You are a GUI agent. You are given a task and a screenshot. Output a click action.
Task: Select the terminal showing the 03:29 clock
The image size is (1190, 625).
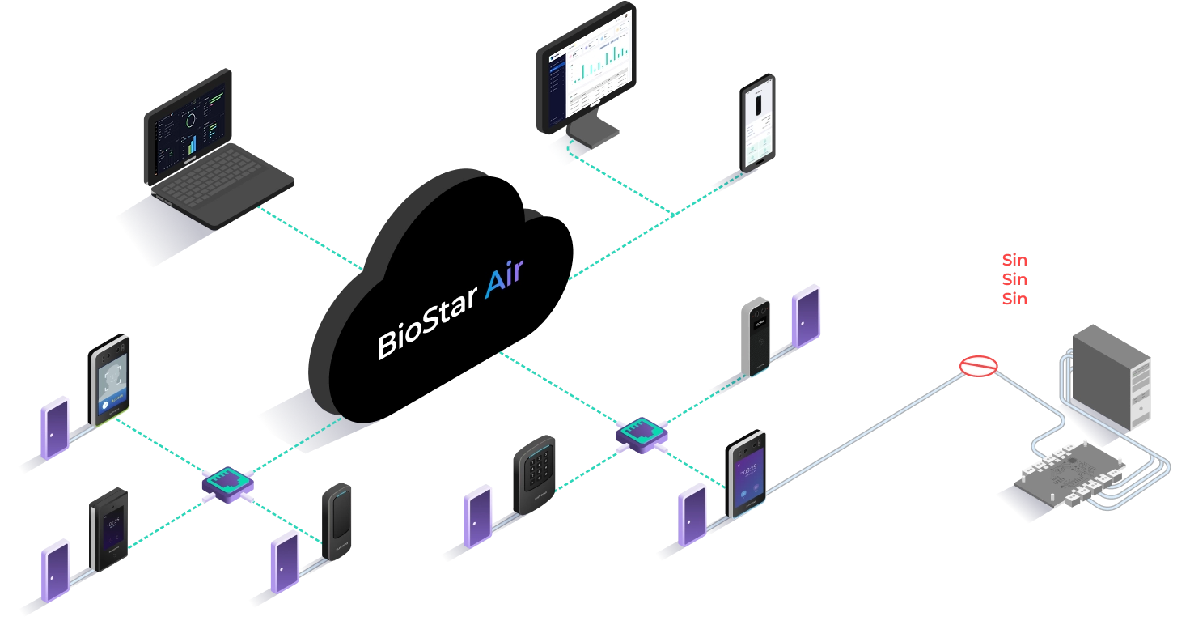coord(747,474)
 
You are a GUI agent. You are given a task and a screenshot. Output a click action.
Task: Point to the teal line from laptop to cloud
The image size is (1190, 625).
coord(311,238)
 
